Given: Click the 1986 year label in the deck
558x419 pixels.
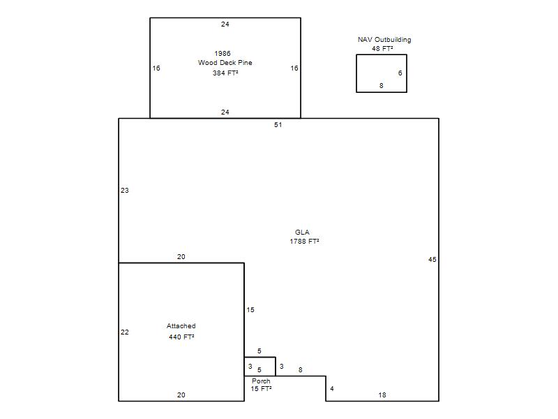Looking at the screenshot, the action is point(223,54).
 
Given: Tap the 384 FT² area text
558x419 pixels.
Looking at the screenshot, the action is point(225,73).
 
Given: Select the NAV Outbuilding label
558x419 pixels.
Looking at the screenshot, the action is point(384,40).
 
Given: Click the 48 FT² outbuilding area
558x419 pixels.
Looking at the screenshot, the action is point(382,48).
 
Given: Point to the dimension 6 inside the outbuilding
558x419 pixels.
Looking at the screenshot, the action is point(400,73).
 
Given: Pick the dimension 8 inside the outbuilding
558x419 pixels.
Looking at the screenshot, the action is point(381,85).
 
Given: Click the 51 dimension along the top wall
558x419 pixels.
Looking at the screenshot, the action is point(278,125).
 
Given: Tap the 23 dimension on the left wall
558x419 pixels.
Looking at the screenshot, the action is point(125,190).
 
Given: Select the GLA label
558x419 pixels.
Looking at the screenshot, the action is point(302,232).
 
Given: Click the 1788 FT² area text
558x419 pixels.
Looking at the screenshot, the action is point(304,241).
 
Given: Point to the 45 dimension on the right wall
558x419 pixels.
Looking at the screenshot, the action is point(432,259).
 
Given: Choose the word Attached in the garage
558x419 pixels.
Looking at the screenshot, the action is point(181,325).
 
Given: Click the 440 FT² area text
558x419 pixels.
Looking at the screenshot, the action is point(181,337).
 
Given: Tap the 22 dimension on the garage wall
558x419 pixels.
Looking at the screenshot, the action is point(125,332).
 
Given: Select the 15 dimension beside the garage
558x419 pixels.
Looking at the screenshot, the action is point(250,309).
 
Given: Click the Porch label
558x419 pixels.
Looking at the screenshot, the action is point(261,381).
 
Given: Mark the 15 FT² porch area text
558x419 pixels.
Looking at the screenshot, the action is point(261,389).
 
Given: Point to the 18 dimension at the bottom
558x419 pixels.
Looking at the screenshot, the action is point(382,395).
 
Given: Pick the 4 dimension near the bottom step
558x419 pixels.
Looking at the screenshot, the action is point(332,388).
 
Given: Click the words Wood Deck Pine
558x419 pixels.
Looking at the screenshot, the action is point(225,63).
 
